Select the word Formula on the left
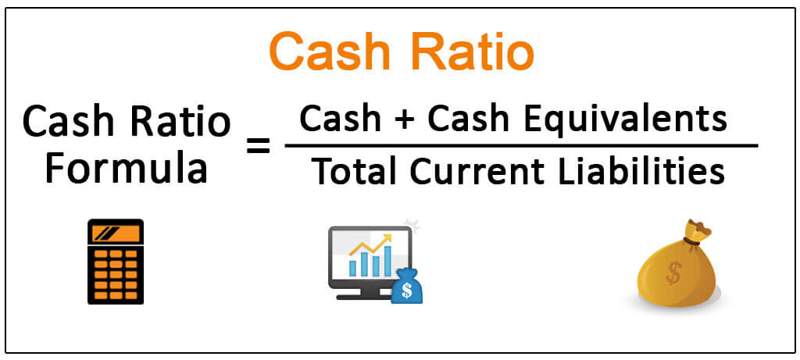click(x=127, y=169)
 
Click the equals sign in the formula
click(x=258, y=148)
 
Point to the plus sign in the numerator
click(x=405, y=120)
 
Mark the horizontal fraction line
click(x=521, y=146)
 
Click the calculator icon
click(x=116, y=262)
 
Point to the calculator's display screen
click(x=116, y=233)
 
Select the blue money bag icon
click(x=406, y=287)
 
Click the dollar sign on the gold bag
click(x=673, y=274)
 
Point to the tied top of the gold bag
click(x=697, y=232)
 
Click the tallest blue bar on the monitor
click(x=387, y=261)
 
